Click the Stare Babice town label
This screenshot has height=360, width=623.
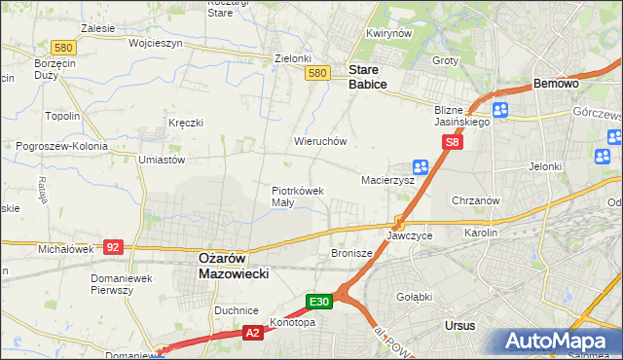(x=368, y=78)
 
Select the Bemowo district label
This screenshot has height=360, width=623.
(x=557, y=85)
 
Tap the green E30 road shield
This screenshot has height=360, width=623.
(x=322, y=302)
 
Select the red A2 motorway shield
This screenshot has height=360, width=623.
(x=251, y=334)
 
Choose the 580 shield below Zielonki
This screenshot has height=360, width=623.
(x=315, y=73)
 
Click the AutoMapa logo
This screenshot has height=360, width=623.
(x=558, y=341)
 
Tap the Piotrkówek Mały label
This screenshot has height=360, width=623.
(x=297, y=197)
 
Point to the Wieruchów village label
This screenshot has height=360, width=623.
(x=320, y=141)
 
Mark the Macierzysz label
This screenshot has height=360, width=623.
(x=387, y=181)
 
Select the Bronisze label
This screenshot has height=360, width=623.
(x=352, y=253)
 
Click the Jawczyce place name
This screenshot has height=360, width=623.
(x=409, y=236)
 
